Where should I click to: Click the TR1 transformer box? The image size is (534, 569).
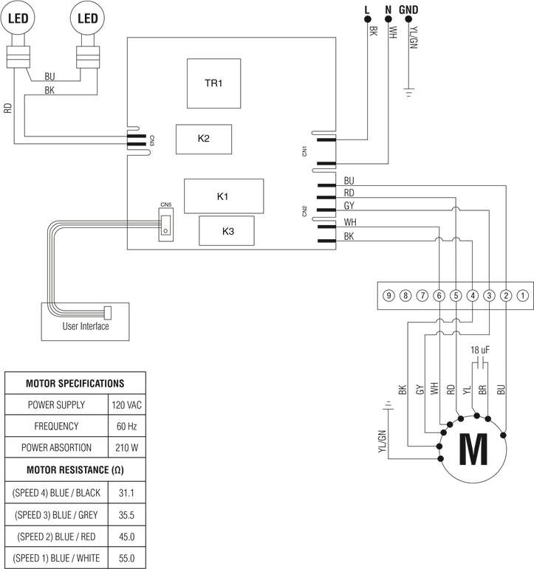(x=213, y=83)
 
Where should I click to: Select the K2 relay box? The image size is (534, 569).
(x=204, y=139)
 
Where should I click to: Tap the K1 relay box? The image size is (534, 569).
(x=224, y=196)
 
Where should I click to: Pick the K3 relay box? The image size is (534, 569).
(x=227, y=231)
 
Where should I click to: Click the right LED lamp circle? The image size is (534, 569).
(x=88, y=18)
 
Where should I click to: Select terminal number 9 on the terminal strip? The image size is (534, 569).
(x=389, y=296)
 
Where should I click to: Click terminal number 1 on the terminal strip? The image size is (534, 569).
(x=522, y=296)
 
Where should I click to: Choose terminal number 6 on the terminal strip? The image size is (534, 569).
(x=439, y=296)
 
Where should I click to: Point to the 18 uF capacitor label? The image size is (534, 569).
(x=482, y=351)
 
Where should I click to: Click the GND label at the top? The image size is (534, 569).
(x=408, y=10)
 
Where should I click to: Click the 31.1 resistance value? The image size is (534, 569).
(x=126, y=492)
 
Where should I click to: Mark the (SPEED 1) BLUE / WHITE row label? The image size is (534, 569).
(x=56, y=558)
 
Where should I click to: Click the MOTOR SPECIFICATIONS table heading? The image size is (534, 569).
(x=75, y=384)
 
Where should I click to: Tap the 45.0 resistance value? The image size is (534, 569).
(x=126, y=536)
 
